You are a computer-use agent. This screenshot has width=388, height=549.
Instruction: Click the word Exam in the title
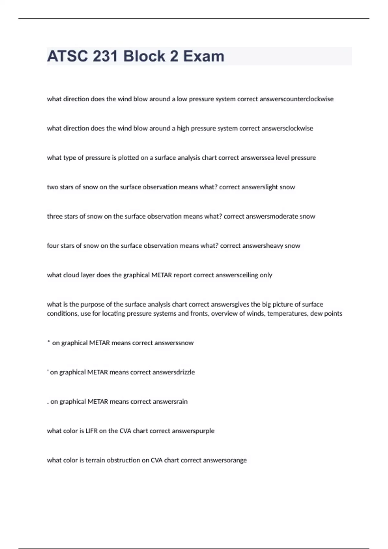click(204, 56)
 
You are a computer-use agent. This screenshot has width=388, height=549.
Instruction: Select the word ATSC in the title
click(67, 56)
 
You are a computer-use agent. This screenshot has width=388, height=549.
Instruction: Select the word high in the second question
click(183, 129)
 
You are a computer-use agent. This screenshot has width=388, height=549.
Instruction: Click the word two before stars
click(53, 187)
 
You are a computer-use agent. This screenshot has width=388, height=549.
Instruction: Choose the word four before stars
click(53, 246)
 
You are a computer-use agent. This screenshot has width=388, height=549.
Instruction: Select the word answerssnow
click(174, 343)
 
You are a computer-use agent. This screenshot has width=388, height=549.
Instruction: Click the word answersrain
click(170, 402)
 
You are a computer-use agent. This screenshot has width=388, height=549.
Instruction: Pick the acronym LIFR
click(91, 431)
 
